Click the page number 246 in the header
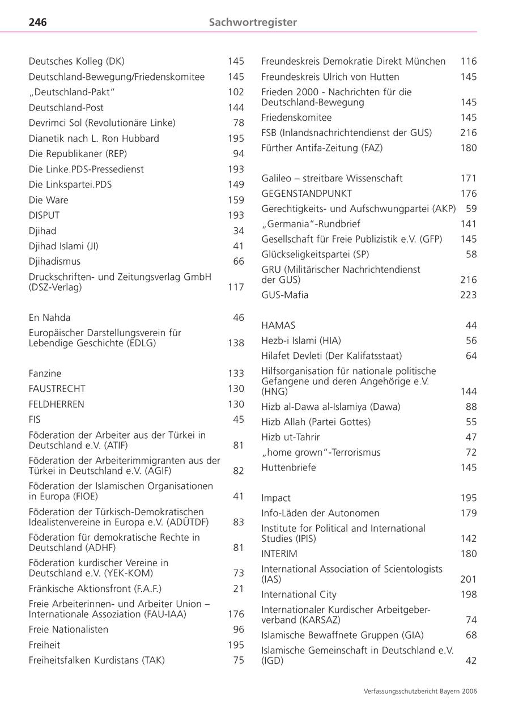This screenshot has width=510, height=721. tap(37, 22)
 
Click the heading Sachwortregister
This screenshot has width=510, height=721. tap(253, 22)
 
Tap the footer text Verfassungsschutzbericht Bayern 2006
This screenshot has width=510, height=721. tap(420, 692)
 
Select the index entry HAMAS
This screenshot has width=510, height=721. tap(278, 325)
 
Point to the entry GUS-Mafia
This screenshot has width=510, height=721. tap(285, 295)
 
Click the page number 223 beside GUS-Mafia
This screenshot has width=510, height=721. tap(469, 295)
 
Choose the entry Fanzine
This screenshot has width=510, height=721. tap(45, 374)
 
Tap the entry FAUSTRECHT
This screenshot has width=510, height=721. tap(57, 389)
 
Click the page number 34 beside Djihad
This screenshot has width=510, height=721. tap(239, 231)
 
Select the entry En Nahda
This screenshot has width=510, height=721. tap(50, 317)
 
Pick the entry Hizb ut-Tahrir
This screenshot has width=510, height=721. tap(291, 437)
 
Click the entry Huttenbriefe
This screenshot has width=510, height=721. tap(289, 468)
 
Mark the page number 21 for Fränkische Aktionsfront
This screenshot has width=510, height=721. tap(239, 589)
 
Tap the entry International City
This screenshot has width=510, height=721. tap(299, 595)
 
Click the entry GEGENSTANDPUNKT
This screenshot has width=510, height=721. tap(307, 193)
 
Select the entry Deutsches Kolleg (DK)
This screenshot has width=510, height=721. tap(76, 61)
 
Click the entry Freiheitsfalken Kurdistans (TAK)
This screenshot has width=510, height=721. tap(97, 660)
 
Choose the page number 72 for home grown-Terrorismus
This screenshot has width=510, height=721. tap(471, 452)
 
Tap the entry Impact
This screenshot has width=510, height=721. tap(276, 498)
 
